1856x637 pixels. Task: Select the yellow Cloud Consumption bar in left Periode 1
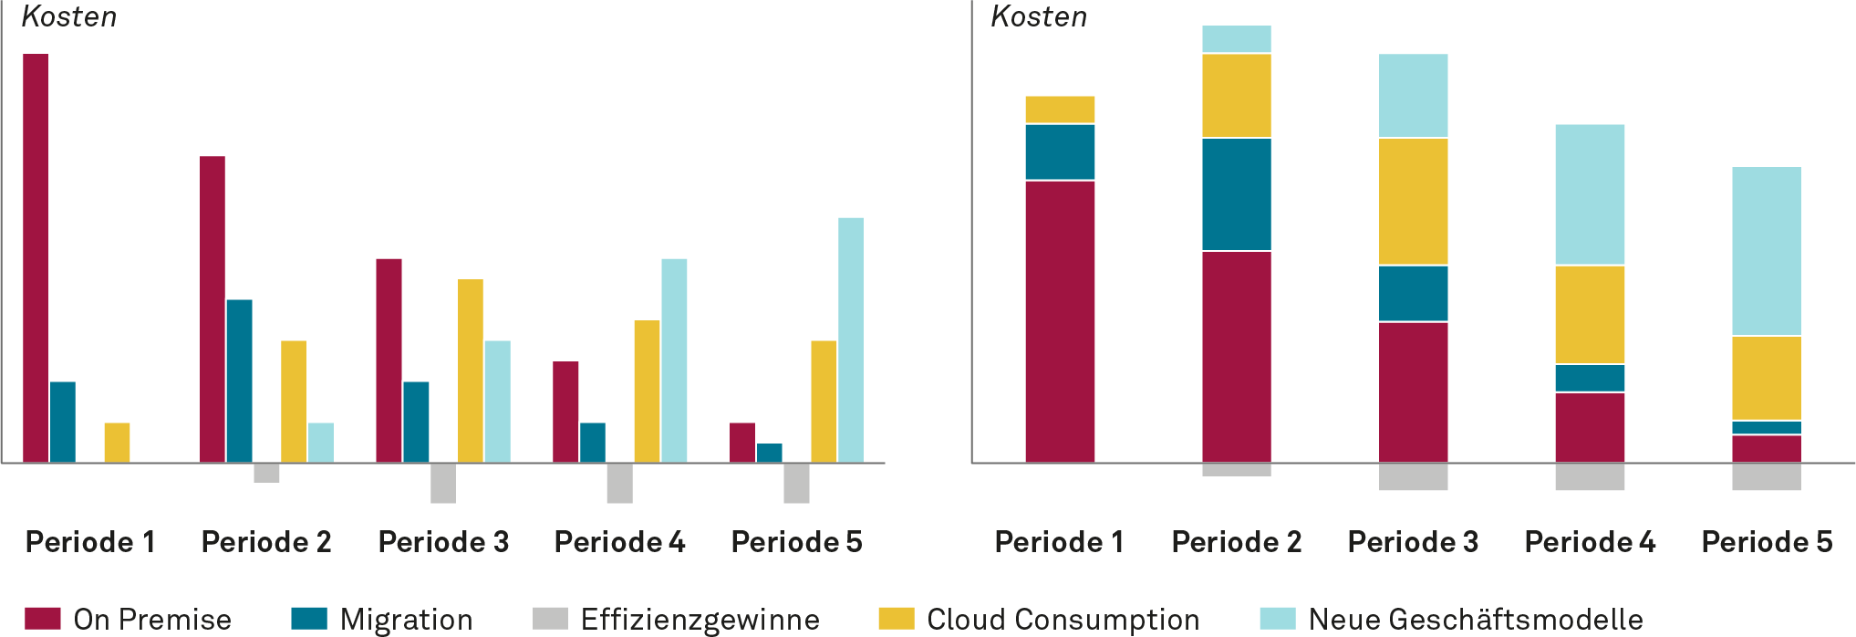117,442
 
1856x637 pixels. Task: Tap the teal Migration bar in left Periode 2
240,380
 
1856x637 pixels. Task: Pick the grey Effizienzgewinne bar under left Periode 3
443,484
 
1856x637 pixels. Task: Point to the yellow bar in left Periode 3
471,370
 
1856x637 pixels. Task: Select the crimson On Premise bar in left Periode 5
741,442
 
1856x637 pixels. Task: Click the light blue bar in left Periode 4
674,360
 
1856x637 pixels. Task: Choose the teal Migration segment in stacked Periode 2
1237,194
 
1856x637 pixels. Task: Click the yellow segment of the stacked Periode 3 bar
1413,202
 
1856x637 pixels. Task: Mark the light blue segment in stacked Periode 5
1767,251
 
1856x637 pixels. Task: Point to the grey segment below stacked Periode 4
1590,477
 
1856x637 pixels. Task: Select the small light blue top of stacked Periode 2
1237,39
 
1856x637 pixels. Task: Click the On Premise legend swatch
43,619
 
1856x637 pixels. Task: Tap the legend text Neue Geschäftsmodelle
1476,619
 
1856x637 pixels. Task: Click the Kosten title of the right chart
1039,16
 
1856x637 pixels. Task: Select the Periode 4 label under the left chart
620,542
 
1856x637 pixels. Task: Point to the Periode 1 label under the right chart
1060,542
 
